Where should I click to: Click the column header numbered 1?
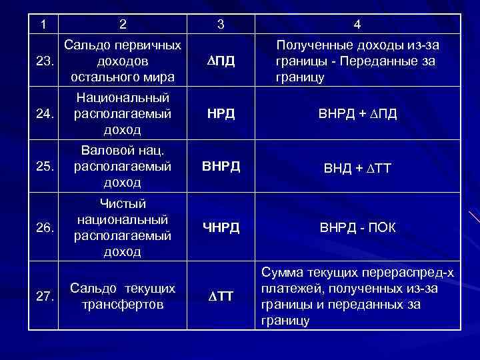click(43, 25)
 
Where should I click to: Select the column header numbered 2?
click(122, 25)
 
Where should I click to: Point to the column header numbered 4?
click(357, 25)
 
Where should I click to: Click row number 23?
click(45, 62)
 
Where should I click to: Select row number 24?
click(45, 113)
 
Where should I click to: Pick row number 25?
click(45, 166)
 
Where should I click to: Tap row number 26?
click(45, 228)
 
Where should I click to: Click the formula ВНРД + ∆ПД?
click(357, 113)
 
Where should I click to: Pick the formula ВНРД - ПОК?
click(357, 228)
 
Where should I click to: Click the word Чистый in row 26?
click(122, 204)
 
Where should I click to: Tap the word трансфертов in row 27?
click(123, 305)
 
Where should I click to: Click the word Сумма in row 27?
click(283, 273)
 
